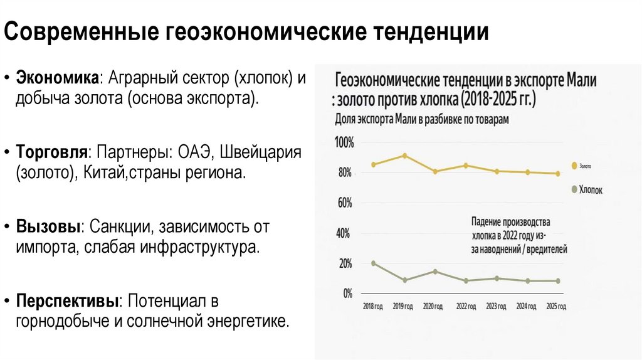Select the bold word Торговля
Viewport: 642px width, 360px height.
pyautogui.click(x=51, y=153)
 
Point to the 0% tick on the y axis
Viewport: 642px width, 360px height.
pyautogui.click(x=347, y=293)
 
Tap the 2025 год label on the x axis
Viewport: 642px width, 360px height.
pyautogui.click(x=555, y=306)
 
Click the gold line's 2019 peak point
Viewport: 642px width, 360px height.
pyautogui.click(x=404, y=156)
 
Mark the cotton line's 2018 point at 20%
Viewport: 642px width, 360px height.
pyautogui.click(x=374, y=263)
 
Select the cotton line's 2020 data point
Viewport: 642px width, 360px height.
pyautogui.click(x=435, y=272)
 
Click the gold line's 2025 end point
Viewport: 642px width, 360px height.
pyautogui.click(x=557, y=174)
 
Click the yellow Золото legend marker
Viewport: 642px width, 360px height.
pyautogui.click(x=574, y=166)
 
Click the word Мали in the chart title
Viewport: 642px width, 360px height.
pyautogui.click(x=582, y=81)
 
